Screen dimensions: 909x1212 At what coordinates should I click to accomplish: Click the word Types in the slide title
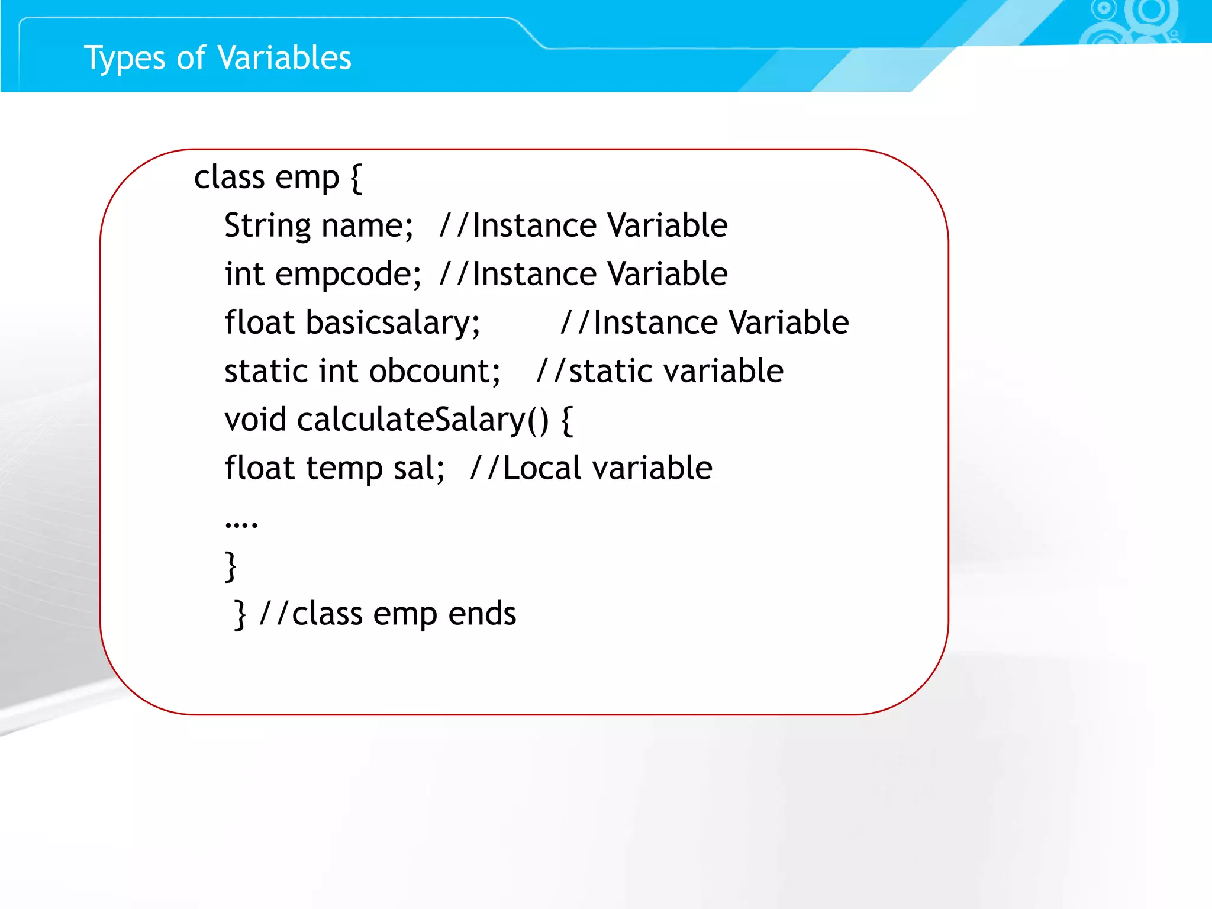pyautogui.click(x=124, y=59)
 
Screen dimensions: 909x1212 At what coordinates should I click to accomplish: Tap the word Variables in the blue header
pyautogui.click(x=284, y=57)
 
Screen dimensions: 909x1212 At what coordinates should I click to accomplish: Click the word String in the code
pyautogui.click(x=267, y=225)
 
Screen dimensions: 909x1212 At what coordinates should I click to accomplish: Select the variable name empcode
pyautogui.click(x=347, y=274)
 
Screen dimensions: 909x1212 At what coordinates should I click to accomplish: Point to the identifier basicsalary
pyautogui.click(x=392, y=323)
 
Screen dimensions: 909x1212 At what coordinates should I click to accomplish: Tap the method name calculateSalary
pyautogui.click(x=411, y=420)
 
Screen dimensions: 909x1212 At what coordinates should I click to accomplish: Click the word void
pyautogui.click(x=255, y=420)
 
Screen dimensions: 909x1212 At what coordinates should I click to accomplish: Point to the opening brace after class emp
pyautogui.click(x=356, y=178)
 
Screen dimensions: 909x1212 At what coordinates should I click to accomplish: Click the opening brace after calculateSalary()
pyautogui.click(x=566, y=420)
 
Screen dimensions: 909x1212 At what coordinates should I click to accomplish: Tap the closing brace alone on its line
pyautogui.click(x=231, y=566)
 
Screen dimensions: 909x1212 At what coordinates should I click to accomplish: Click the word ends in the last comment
pyautogui.click(x=482, y=614)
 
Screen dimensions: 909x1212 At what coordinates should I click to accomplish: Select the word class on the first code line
pyautogui.click(x=229, y=177)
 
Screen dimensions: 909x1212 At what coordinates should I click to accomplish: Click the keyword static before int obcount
pyautogui.click(x=266, y=371)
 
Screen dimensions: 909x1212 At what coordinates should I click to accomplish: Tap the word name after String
pyautogui.click(x=366, y=225)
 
